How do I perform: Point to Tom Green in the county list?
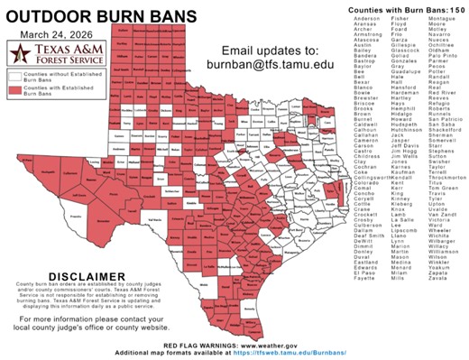click(438, 187)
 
